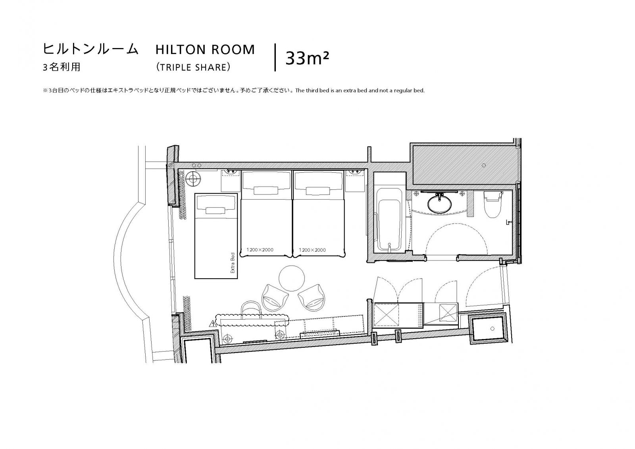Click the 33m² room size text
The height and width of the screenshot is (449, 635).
[307, 58]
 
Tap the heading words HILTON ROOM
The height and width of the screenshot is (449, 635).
[205, 50]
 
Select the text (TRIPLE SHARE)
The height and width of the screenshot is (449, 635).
[193, 67]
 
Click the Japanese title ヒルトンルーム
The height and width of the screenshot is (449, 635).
[90, 49]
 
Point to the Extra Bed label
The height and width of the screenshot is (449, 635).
[233, 263]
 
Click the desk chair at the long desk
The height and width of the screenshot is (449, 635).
[251, 309]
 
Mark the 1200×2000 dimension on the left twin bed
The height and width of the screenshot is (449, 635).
[260, 250]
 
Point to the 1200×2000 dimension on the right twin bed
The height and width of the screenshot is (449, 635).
[312, 250]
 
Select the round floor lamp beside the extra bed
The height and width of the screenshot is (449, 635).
[195, 179]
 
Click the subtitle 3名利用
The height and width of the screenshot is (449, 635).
[62, 67]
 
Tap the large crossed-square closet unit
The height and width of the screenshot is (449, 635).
[386, 315]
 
